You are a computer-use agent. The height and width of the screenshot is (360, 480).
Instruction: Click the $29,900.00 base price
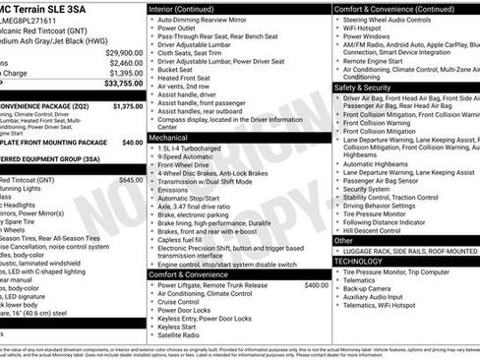coord(122,51)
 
